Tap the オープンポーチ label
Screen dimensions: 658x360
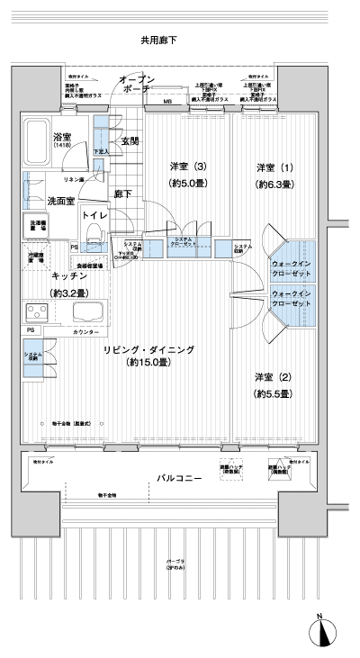[x=138, y=85]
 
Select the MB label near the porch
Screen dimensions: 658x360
[x=167, y=103]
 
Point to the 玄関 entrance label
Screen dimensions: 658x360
[x=130, y=141]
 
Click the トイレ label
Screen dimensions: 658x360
[x=94, y=216]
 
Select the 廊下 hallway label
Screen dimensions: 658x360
[x=123, y=194]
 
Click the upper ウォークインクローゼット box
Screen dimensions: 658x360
[x=292, y=260]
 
